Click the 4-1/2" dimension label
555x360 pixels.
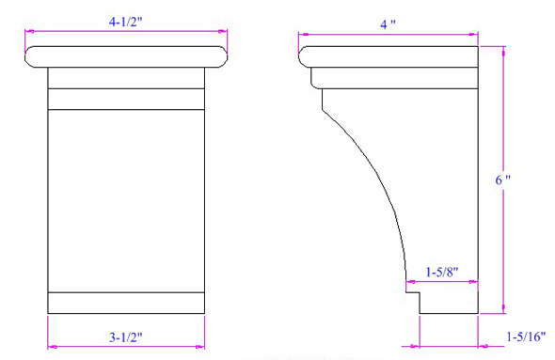[x=125, y=22]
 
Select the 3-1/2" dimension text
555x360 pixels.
[x=126, y=337]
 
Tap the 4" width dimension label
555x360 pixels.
[x=388, y=24]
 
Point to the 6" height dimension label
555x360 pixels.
[x=502, y=180]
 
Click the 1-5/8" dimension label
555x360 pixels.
[x=442, y=272]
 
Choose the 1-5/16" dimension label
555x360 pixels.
[x=526, y=337]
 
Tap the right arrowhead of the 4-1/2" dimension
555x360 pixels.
[x=223, y=31]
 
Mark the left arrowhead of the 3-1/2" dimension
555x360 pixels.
[x=53, y=347]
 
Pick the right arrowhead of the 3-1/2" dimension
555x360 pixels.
[x=200, y=347]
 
